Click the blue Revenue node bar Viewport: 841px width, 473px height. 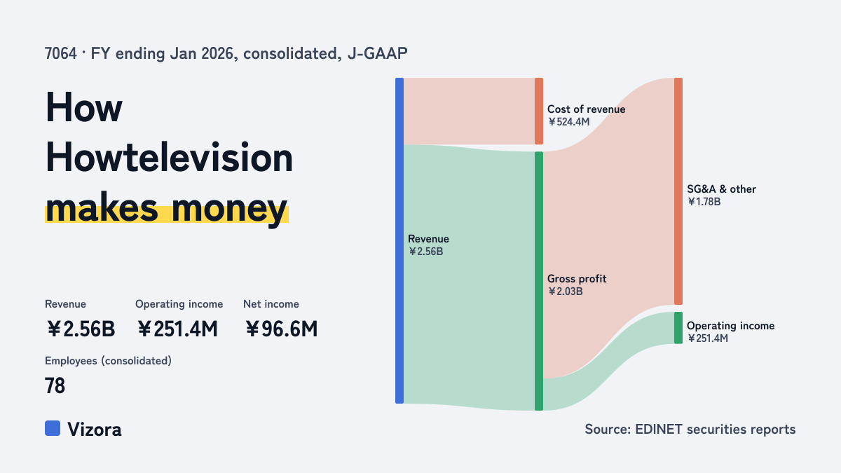pyautogui.click(x=399, y=240)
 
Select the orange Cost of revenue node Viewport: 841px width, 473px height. pyautogui.click(x=539, y=111)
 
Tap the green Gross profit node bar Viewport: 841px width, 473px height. pyautogui.click(x=539, y=281)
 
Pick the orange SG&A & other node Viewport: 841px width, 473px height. pyautogui.click(x=678, y=191)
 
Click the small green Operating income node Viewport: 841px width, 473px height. pyautogui.click(x=678, y=328)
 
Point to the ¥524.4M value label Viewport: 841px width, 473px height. pyautogui.click(x=569, y=122)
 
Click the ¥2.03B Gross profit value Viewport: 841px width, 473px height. pyautogui.click(x=566, y=292)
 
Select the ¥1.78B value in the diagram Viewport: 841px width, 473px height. pyautogui.click(x=704, y=202)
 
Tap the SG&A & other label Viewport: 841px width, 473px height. pyautogui.click(x=721, y=189)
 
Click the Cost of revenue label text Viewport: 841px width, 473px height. pyautogui.click(x=586, y=109)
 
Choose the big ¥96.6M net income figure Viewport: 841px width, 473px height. pyautogui.click(x=282, y=329)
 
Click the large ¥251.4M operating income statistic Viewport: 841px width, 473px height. pyautogui.click(x=177, y=329)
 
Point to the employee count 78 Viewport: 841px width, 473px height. pyautogui.click(x=55, y=386)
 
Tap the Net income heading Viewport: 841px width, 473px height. pyautogui.click(x=271, y=304)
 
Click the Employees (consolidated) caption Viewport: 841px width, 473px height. pyautogui.click(x=108, y=361)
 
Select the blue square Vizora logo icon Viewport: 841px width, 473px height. pyautogui.click(x=53, y=428)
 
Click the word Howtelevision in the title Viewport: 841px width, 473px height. pyautogui.click(x=169, y=158)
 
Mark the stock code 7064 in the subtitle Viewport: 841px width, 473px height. pyautogui.click(x=60, y=54)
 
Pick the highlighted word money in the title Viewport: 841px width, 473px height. pyautogui.click(x=229, y=208)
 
